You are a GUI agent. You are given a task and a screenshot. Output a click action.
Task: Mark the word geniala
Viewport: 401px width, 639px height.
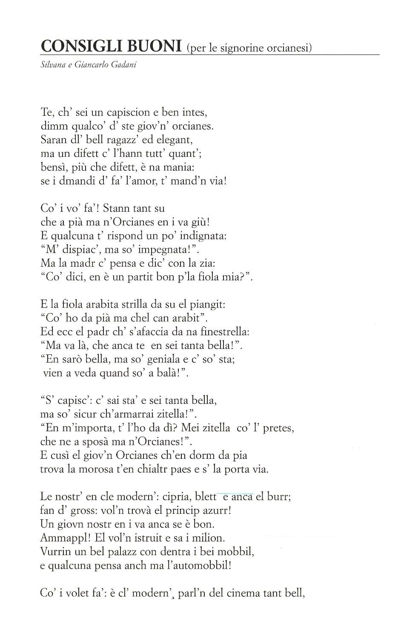click(169, 359)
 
